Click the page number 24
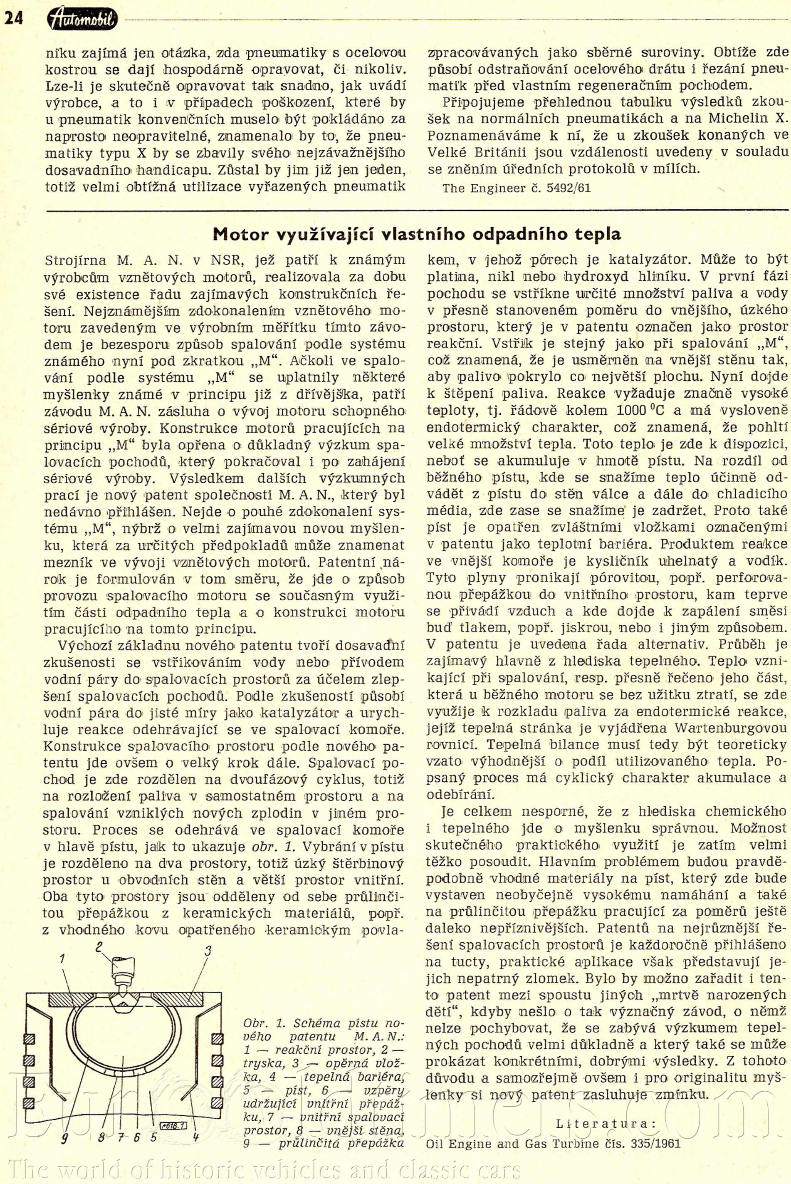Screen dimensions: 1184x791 14,19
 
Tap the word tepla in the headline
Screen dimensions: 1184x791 597,234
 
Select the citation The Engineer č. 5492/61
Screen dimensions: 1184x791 516,188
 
